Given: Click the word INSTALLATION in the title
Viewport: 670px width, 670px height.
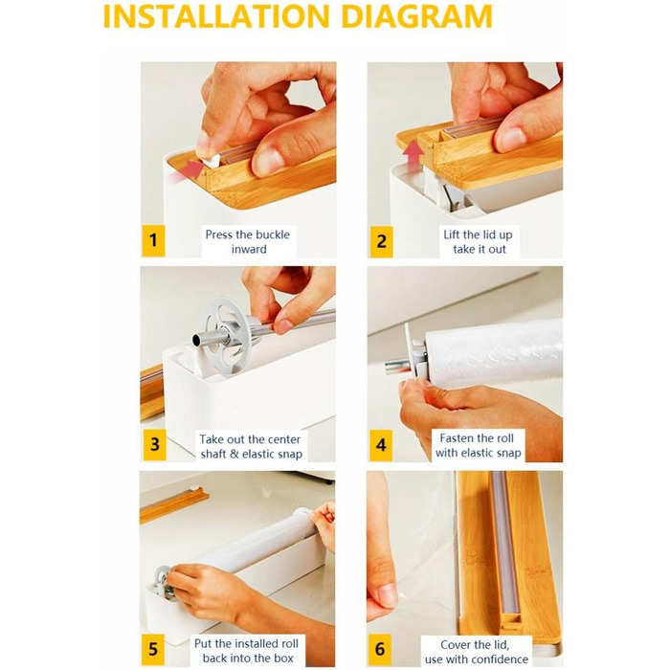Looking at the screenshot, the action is (216, 16).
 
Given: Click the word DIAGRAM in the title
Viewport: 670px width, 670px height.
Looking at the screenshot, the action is (417, 16).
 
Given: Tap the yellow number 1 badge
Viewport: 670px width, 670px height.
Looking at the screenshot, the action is (153, 240).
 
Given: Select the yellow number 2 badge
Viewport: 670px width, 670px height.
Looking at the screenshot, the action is (381, 241).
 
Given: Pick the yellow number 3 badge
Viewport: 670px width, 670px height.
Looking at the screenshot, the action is (154, 445).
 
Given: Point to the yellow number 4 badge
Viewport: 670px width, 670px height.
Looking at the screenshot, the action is (381, 446).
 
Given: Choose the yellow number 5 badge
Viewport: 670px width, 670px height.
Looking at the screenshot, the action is (153, 650).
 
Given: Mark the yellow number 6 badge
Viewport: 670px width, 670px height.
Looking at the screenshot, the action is (380, 650).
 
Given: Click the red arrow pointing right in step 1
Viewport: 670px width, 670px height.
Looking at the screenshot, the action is (191, 168).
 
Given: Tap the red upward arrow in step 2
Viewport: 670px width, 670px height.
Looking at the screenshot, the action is (413, 157).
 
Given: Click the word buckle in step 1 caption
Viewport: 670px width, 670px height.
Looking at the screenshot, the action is (271, 234).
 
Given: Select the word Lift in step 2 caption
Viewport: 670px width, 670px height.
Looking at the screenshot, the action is (452, 234).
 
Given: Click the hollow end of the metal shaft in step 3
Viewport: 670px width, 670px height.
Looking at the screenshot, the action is (198, 341).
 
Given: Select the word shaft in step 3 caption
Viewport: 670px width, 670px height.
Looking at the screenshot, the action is (213, 454).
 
